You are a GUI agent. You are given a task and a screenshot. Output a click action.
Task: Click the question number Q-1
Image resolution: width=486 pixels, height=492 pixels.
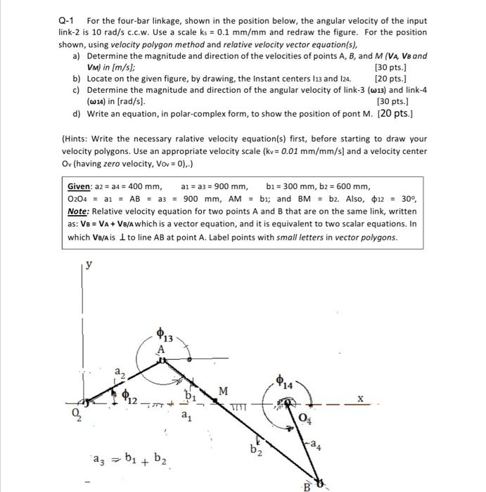(68, 20)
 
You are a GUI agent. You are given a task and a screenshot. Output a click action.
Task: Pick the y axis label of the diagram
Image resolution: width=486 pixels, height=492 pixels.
(88, 265)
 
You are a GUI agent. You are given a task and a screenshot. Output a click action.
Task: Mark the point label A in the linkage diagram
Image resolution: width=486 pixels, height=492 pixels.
(160, 349)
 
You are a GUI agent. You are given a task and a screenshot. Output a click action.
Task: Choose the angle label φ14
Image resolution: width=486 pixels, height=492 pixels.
(286, 384)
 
